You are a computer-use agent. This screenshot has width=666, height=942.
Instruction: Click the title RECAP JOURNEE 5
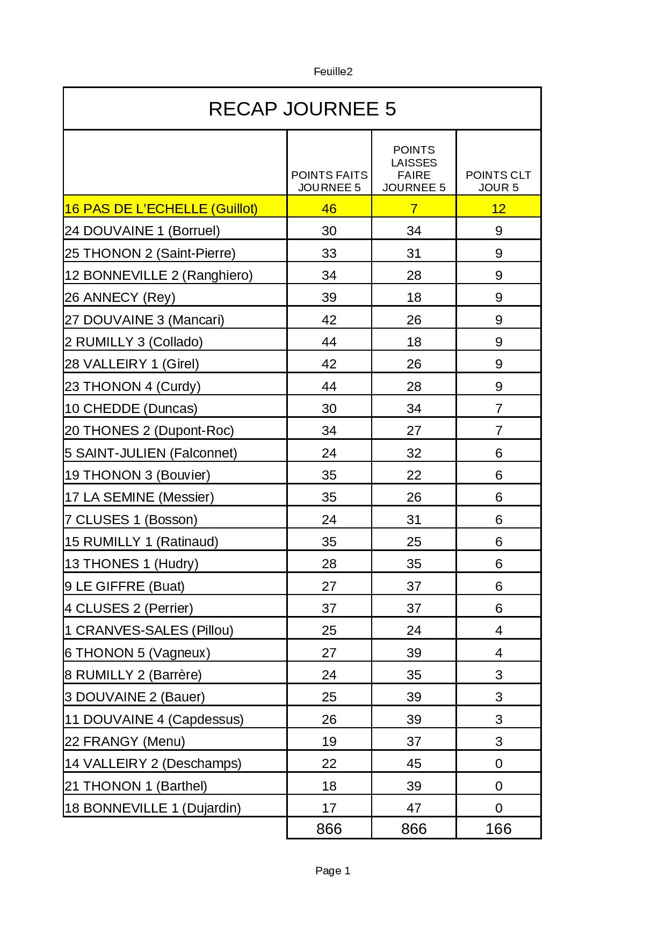pos(302,109)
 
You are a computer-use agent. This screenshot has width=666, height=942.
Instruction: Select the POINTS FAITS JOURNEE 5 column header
pos(329,181)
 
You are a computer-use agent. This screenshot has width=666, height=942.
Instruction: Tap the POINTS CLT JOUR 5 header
pos(498,181)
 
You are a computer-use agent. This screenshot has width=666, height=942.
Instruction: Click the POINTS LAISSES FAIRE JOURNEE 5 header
pos(414,169)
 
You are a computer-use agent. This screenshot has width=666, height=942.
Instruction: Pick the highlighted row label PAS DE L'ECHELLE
pos(161,209)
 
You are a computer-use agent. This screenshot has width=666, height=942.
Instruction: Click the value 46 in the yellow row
pos(329,209)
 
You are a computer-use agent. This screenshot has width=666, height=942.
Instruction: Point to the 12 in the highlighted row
pos(498,209)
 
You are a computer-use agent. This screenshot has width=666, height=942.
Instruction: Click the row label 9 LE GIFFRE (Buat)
pos(125,586)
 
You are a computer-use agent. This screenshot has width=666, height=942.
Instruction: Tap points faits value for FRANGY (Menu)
pos(329,742)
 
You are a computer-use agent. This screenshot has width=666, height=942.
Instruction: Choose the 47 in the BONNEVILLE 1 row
pos(414,808)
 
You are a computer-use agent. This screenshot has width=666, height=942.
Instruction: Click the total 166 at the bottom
pos(498,829)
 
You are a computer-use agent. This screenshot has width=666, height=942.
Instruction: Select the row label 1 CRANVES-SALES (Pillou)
pos(149,631)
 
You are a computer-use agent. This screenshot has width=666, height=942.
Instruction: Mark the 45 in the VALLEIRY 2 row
pos(414,764)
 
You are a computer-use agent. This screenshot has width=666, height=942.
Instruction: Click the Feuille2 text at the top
pos(333,71)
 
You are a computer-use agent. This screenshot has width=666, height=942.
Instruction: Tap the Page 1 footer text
pos(333,871)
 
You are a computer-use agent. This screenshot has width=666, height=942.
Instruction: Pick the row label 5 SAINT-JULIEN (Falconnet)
pos(151,453)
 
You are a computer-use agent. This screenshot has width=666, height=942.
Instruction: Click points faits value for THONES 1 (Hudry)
pos(329,564)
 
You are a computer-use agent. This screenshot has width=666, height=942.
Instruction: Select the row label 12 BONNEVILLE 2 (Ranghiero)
pos(158,276)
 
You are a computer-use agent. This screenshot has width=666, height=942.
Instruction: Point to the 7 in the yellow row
pos(414,209)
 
